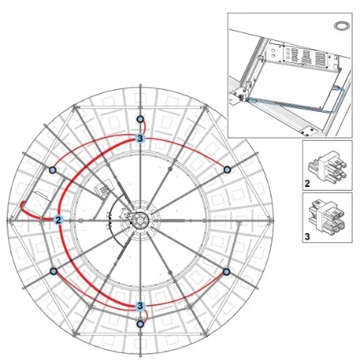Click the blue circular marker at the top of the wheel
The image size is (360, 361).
pyautogui.click(x=140, y=119)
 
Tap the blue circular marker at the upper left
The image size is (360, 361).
pyautogui.click(x=52, y=170)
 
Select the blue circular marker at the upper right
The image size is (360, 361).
pyautogui.click(x=228, y=170)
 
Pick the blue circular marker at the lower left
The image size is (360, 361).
pyautogui.click(x=54, y=272)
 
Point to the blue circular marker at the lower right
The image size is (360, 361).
pyautogui.click(x=226, y=272)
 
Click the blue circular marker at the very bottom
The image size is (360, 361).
pyautogui.click(x=140, y=324)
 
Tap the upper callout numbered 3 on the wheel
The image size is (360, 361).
pyautogui.click(x=140, y=138)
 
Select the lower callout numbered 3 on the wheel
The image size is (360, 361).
pyautogui.click(x=140, y=306)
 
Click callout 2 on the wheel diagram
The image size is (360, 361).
pyautogui.click(x=58, y=220)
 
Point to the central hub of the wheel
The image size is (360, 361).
pyautogui.click(x=140, y=221)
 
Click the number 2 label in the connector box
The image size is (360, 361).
pyautogui.click(x=307, y=184)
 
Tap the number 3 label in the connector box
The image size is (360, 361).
pyautogui.click(x=307, y=237)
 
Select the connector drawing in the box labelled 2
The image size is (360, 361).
pyautogui.click(x=327, y=166)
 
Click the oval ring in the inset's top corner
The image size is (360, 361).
pyautogui.click(x=341, y=26)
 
